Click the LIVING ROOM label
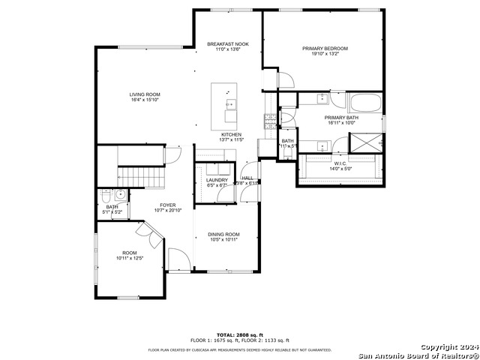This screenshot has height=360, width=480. point(145,94)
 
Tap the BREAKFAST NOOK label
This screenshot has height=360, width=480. point(228,44)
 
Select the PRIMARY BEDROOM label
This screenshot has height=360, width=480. point(325,49)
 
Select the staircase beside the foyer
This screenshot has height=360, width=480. point(142,177)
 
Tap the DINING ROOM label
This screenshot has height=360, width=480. point(223,235)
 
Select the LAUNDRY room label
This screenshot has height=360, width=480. point(217,180)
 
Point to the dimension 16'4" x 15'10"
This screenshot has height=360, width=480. point(145,99)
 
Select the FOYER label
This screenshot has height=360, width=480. point(167,205)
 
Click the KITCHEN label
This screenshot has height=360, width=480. point(231,134)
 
